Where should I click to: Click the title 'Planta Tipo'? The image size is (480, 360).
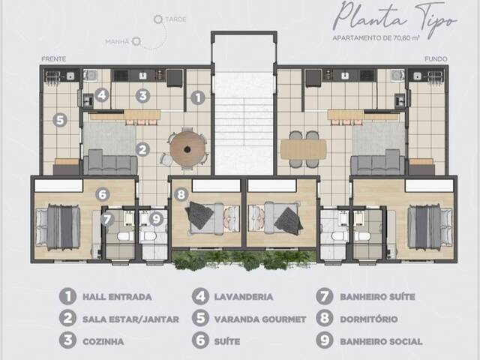point(395,17)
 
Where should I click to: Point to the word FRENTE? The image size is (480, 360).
point(55,58)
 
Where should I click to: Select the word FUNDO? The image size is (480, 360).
point(435,58)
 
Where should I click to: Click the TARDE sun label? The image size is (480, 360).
point(175,18)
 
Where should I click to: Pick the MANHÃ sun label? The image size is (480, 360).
point(117,42)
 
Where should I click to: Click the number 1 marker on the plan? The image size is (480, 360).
point(197,97)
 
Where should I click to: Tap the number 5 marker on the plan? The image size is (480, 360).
point(60,119)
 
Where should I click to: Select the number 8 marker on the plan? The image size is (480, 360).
point(180,194)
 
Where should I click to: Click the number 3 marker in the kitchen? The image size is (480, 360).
point(142,96)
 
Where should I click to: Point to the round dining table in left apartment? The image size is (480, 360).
point(187,148)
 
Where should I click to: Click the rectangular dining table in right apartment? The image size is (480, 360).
point(303,148)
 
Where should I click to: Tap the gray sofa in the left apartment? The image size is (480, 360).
point(109,162)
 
